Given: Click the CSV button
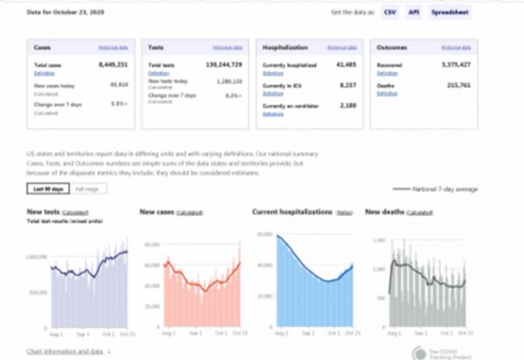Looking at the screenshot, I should pyautogui.click(x=390, y=13).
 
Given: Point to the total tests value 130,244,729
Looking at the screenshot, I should pyautogui.click(x=220, y=66).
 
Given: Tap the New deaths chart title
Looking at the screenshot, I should pyautogui.click(x=383, y=211).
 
